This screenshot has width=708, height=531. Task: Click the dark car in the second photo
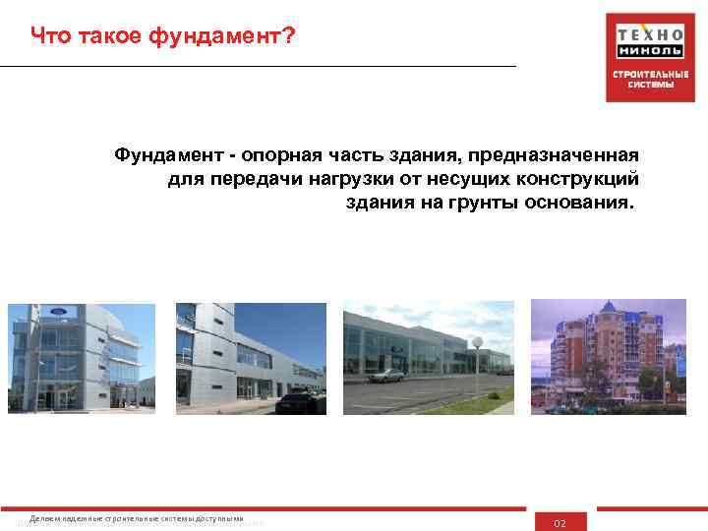[313, 400]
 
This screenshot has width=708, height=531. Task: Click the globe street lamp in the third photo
[477, 343]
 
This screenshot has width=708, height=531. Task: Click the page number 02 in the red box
[560, 523]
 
